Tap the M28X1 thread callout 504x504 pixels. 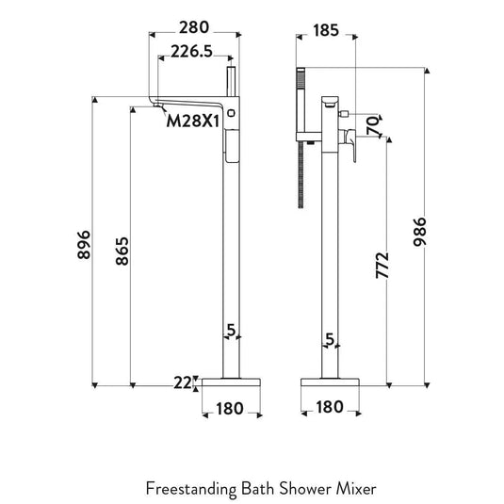coord(192,120)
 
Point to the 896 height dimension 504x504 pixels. coord(83,245)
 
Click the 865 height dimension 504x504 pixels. coord(122,252)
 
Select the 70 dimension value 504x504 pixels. coord(372,122)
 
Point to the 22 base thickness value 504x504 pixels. coord(182,382)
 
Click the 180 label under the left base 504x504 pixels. coord(230,409)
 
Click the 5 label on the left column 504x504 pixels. coord(230,330)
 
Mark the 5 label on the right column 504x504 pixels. coord(329,338)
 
